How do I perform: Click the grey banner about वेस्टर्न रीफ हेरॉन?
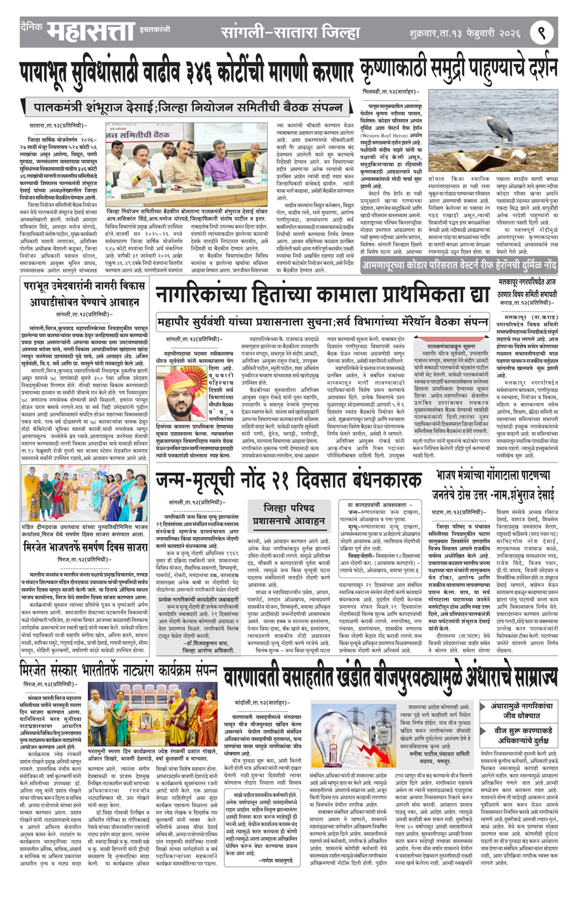pos(459,265)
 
